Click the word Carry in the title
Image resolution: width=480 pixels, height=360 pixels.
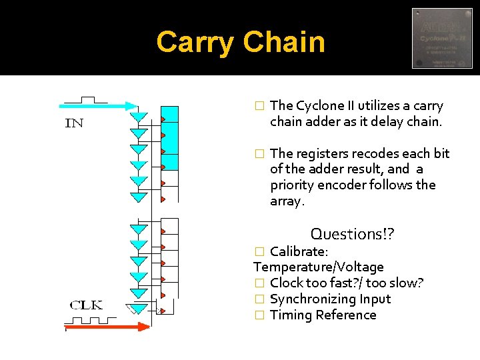(x=195, y=43)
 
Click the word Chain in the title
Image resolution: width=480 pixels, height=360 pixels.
(x=284, y=43)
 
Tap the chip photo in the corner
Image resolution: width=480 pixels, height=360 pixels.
(x=442, y=38)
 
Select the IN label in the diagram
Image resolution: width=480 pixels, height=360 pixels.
(x=74, y=123)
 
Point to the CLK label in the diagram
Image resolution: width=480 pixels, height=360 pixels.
(x=87, y=305)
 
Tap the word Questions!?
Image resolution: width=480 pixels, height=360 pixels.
(x=353, y=234)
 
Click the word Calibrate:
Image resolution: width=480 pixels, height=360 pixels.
(x=299, y=251)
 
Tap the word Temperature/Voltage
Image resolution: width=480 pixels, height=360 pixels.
(x=319, y=267)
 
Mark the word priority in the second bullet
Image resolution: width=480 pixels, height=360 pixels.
(x=293, y=185)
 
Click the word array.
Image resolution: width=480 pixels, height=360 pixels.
(x=287, y=201)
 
